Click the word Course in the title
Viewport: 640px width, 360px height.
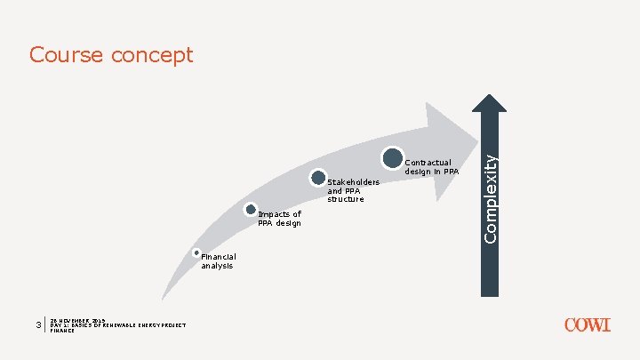(67, 55)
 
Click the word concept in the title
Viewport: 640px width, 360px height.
(153, 56)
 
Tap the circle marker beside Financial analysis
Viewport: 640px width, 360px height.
(196, 253)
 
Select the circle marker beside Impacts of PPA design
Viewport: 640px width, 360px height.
(251, 211)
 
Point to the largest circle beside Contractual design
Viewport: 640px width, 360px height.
(393, 158)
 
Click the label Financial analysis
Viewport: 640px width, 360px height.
(218, 261)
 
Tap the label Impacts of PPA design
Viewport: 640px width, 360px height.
(279, 219)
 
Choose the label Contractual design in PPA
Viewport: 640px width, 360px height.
(432, 167)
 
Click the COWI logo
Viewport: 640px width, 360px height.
(588, 325)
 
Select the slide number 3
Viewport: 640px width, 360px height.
(38, 325)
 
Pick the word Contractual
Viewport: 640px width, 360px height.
(428, 163)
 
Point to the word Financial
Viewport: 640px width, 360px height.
(218, 257)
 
